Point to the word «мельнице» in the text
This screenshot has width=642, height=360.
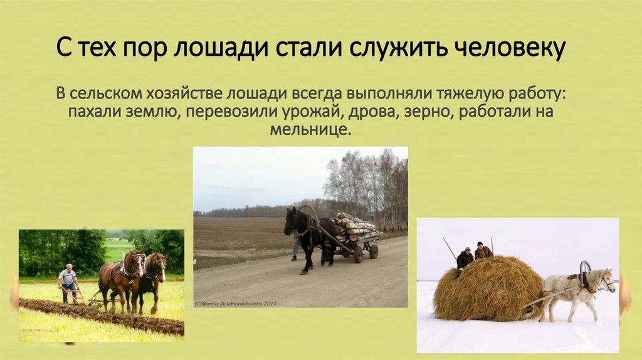pyautogui.click(x=308, y=130)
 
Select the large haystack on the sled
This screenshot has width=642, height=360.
pyautogui.click(x=487, y=289)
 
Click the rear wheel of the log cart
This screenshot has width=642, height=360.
pyautogui.click(x=374, y=251)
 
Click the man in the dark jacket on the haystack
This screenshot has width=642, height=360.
pyautogui.click(x=465, y=258)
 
